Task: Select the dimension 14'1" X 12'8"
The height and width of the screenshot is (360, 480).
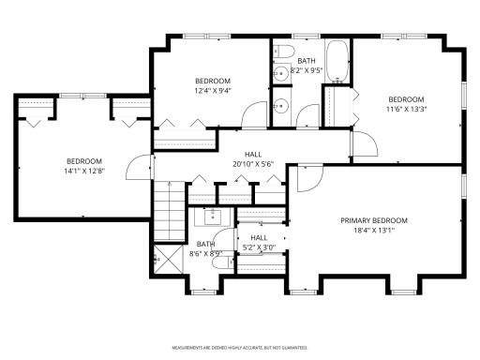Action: (84, 171)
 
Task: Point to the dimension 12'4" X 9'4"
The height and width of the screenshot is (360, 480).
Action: (213, 91)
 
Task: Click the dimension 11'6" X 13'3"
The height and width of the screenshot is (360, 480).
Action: (407, 110)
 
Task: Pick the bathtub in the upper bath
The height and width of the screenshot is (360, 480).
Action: (337, 62)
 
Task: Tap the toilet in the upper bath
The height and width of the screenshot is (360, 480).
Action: (287, 50)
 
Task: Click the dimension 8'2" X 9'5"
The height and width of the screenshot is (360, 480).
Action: (307, 69)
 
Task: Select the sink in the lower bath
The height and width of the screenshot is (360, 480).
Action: (213, 216)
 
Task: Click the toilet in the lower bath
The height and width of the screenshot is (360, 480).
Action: (217, 264)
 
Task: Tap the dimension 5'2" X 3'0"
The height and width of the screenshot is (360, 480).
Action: (259, 248)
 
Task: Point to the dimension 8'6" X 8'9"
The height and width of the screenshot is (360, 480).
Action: (205, 253)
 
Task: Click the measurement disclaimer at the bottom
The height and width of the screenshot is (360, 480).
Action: (239, 346)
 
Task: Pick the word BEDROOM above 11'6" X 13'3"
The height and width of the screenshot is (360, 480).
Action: (407, 99)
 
